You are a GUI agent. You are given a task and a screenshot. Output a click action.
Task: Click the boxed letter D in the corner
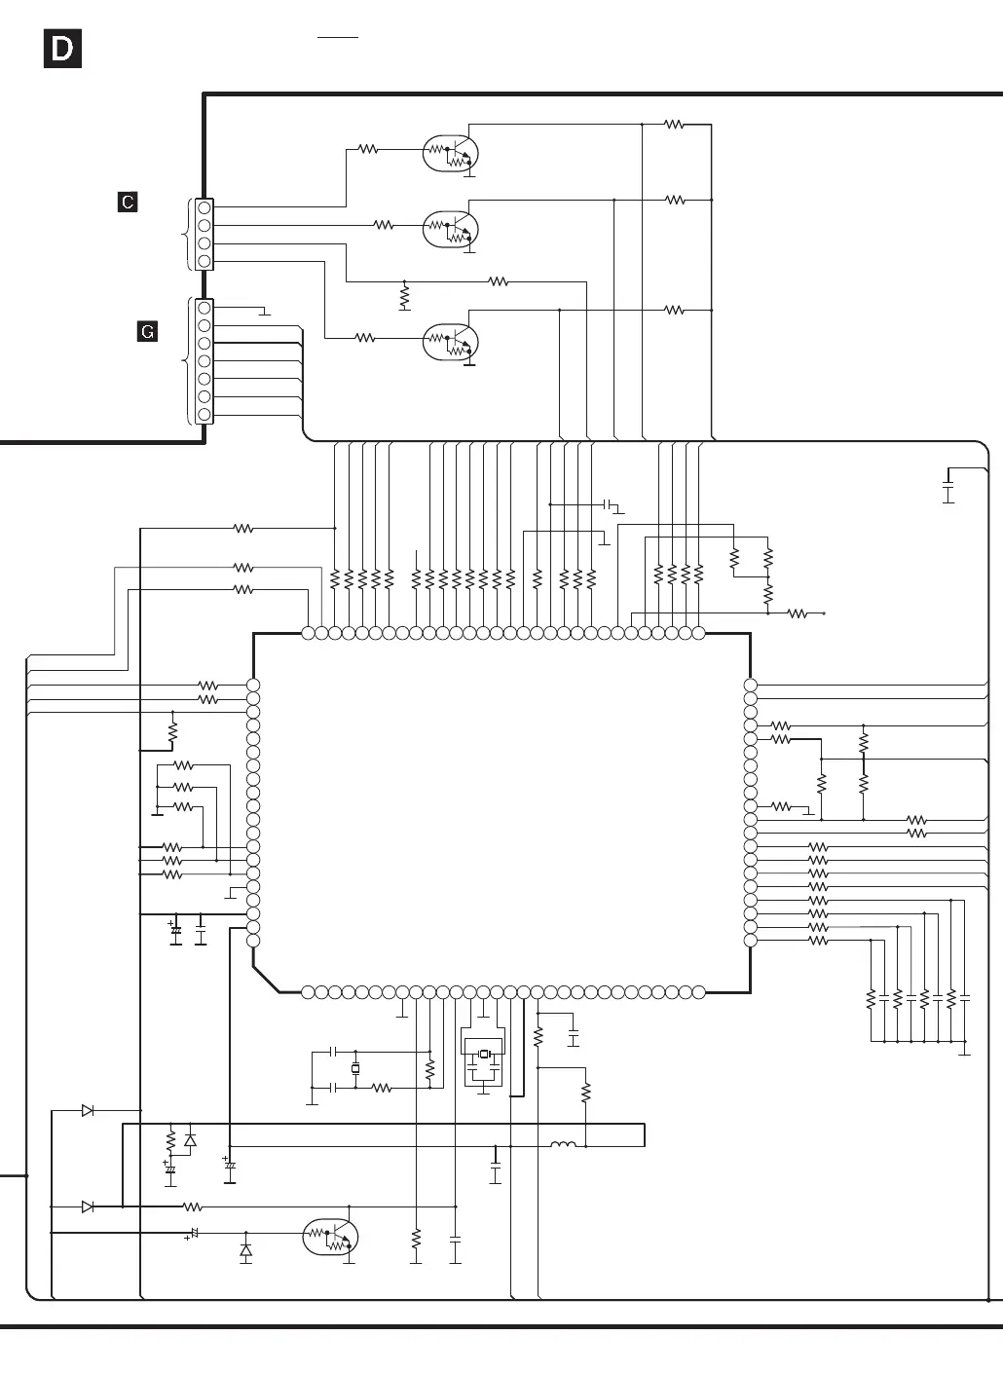click(x=62, y=50)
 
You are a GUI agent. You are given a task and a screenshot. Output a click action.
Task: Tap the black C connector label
click(x=128, y=202)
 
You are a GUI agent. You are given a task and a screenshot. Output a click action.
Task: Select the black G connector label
click(x=147, y=332)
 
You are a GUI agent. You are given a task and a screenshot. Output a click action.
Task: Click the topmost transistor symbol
click(x=451, y=152)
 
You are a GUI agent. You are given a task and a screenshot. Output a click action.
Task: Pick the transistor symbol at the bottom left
click(x=331, y=1238)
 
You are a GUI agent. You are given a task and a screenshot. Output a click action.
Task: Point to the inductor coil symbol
click(x=564, y=1144)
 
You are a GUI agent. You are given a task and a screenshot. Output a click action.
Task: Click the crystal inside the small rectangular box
click(x=484, y=1055)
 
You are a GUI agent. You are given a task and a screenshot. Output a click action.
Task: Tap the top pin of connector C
click(x=204, y=207)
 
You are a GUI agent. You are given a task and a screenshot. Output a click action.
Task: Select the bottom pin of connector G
click(x=204, y=415)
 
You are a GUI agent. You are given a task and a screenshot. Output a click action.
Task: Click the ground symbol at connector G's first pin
click(x=264, y=313)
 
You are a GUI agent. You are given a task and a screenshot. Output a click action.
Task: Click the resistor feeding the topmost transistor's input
click(x=367, y=150)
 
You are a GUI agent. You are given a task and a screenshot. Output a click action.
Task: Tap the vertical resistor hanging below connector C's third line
click(x=404, y=294)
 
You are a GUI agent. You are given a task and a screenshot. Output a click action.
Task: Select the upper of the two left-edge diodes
click(x=88, y=1110)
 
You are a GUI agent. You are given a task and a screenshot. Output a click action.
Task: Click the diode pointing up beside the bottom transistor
click(x=245, y=1249)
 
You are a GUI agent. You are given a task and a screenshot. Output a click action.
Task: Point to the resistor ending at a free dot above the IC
click(x=798, y=613)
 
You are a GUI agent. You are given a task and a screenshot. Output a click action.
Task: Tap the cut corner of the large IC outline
click(x=266, y=980)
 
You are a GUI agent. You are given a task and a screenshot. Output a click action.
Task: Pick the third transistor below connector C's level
click(x=451, y=342)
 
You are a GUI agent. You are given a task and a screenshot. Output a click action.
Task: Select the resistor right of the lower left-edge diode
click(x=193, y=1206)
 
